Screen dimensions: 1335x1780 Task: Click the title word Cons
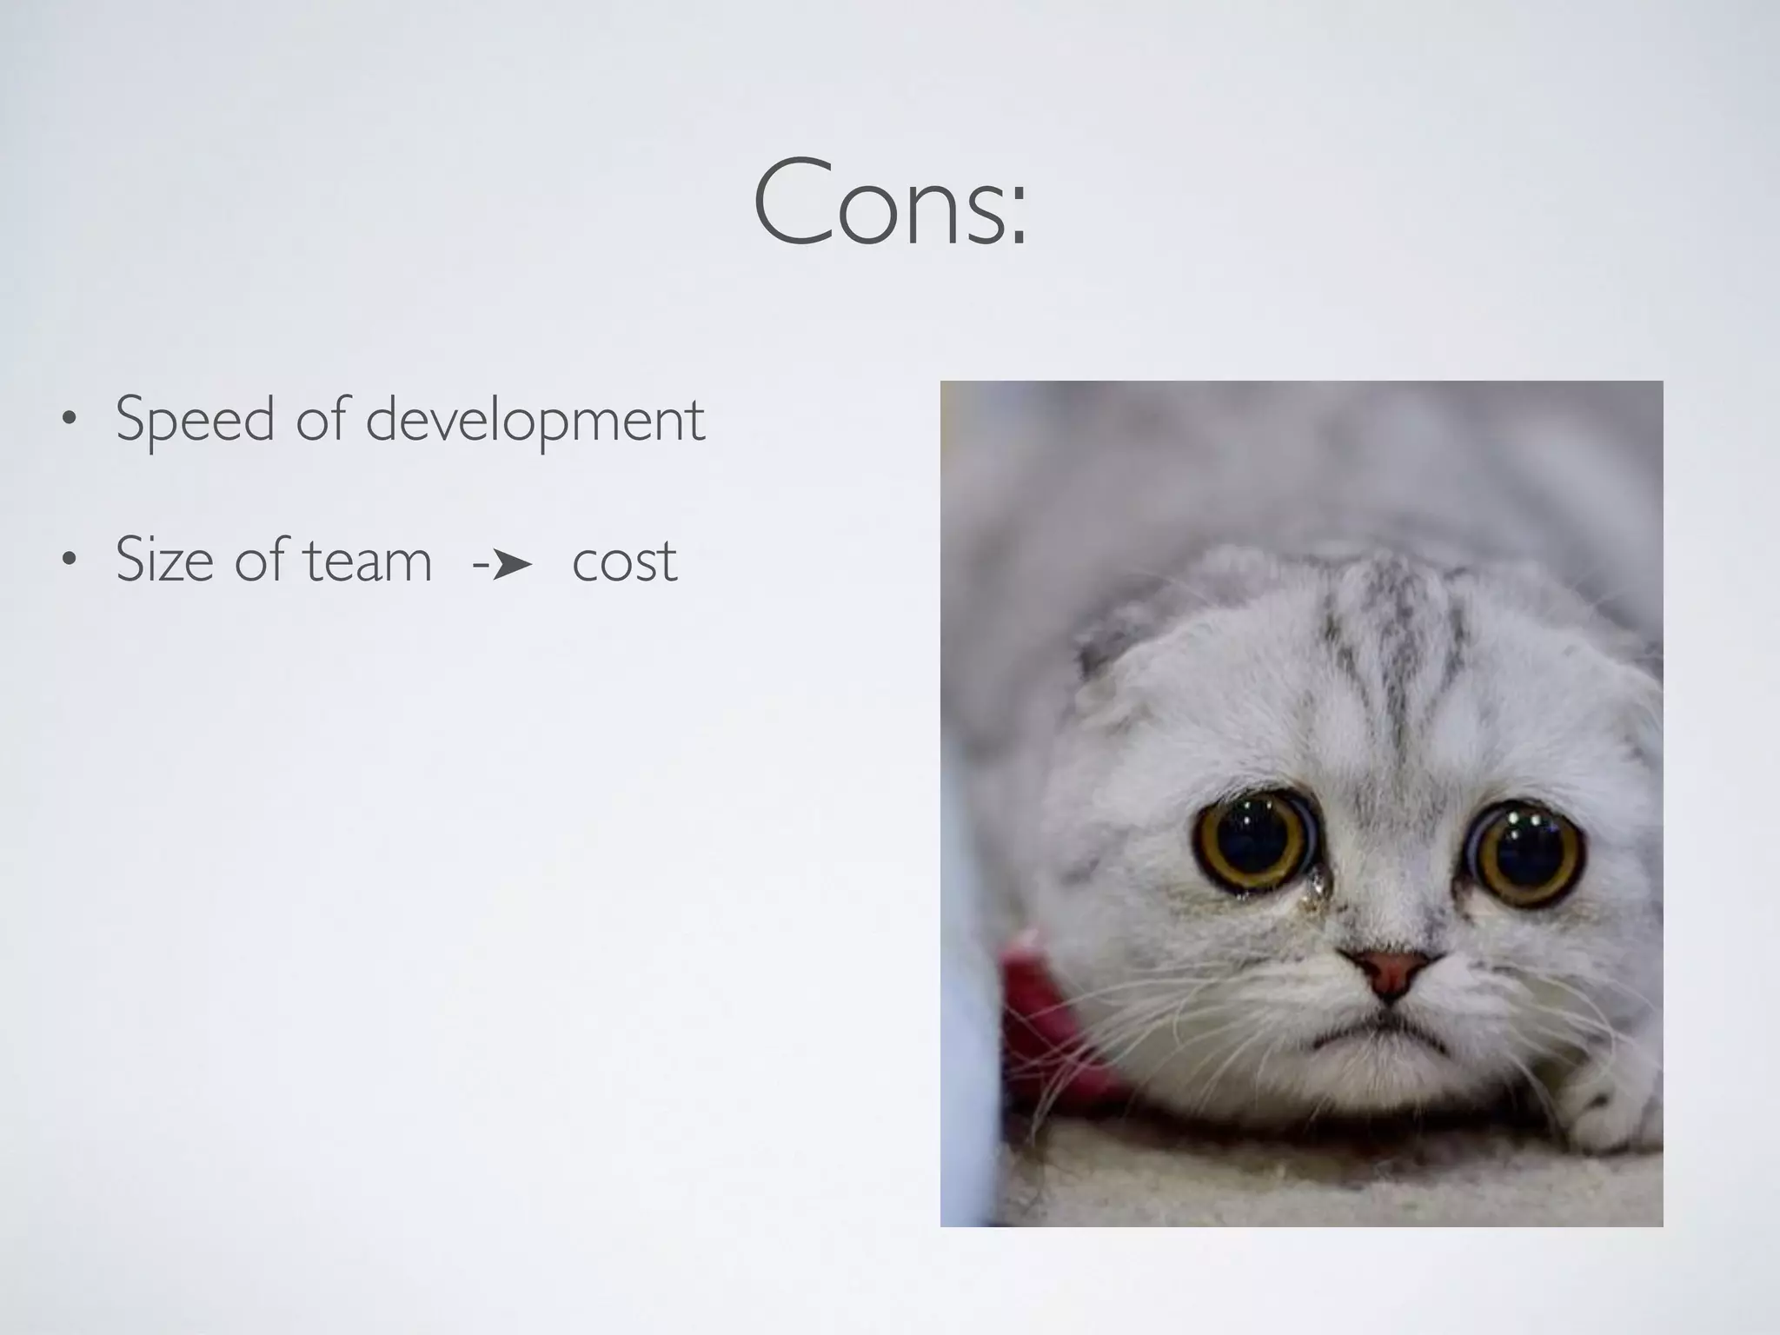tap(878, 202)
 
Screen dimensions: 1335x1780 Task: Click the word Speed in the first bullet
tap(195, 420)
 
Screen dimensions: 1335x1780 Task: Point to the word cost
tap(624, 561)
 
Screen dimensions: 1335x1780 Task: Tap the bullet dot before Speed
tap(68, 422)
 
